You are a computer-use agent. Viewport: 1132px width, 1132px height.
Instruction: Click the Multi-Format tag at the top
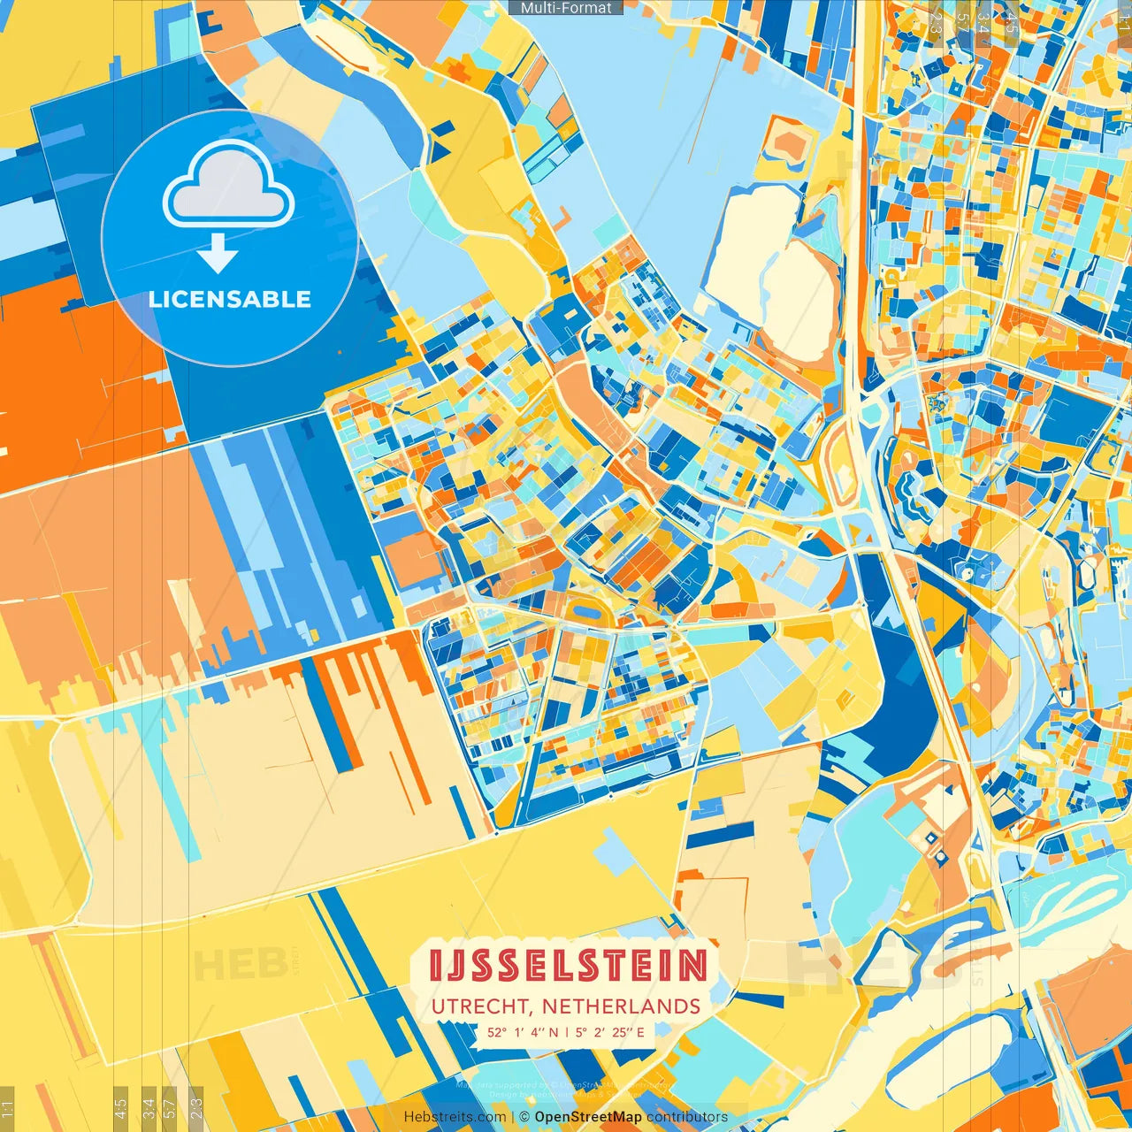pyautogui.click(x=566, y=8)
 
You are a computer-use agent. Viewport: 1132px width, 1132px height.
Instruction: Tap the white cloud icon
pyautogui.click(x=229, y=187)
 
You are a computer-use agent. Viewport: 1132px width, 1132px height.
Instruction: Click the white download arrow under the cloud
pyautogui.click(x=218, y=254)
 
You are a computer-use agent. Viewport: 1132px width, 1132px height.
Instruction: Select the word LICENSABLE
pyautogui.click(x=230, y=299)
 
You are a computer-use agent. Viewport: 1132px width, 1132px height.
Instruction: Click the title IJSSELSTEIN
pyautogui.click(x=568, y=966)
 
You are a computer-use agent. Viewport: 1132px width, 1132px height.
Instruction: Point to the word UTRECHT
pyautogui.click(x=482, y=1006)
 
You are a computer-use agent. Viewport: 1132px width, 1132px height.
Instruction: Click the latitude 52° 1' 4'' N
pyautogui.click(x=523, y=1031)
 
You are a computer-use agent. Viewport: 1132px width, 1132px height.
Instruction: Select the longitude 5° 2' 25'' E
pyautogui.click(x=609, y=1031)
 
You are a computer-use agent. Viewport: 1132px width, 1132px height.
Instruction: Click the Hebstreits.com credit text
pyautogui.click(x=455, y=1117)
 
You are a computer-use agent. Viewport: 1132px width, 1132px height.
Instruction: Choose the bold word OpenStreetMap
pyautogui.click(x=588, y=1117)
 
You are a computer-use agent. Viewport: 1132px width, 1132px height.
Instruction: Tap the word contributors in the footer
pyautogui.click(x=686, y=1117)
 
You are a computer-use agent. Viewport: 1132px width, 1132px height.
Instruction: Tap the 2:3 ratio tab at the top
pyautogui.click(x=936, y=23)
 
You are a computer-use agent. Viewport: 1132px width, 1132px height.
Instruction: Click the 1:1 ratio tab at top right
pyautogui.click(x=1124, y=23)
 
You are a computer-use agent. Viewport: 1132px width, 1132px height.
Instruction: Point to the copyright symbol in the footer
pyautogui.click(x=524, y=1117)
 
